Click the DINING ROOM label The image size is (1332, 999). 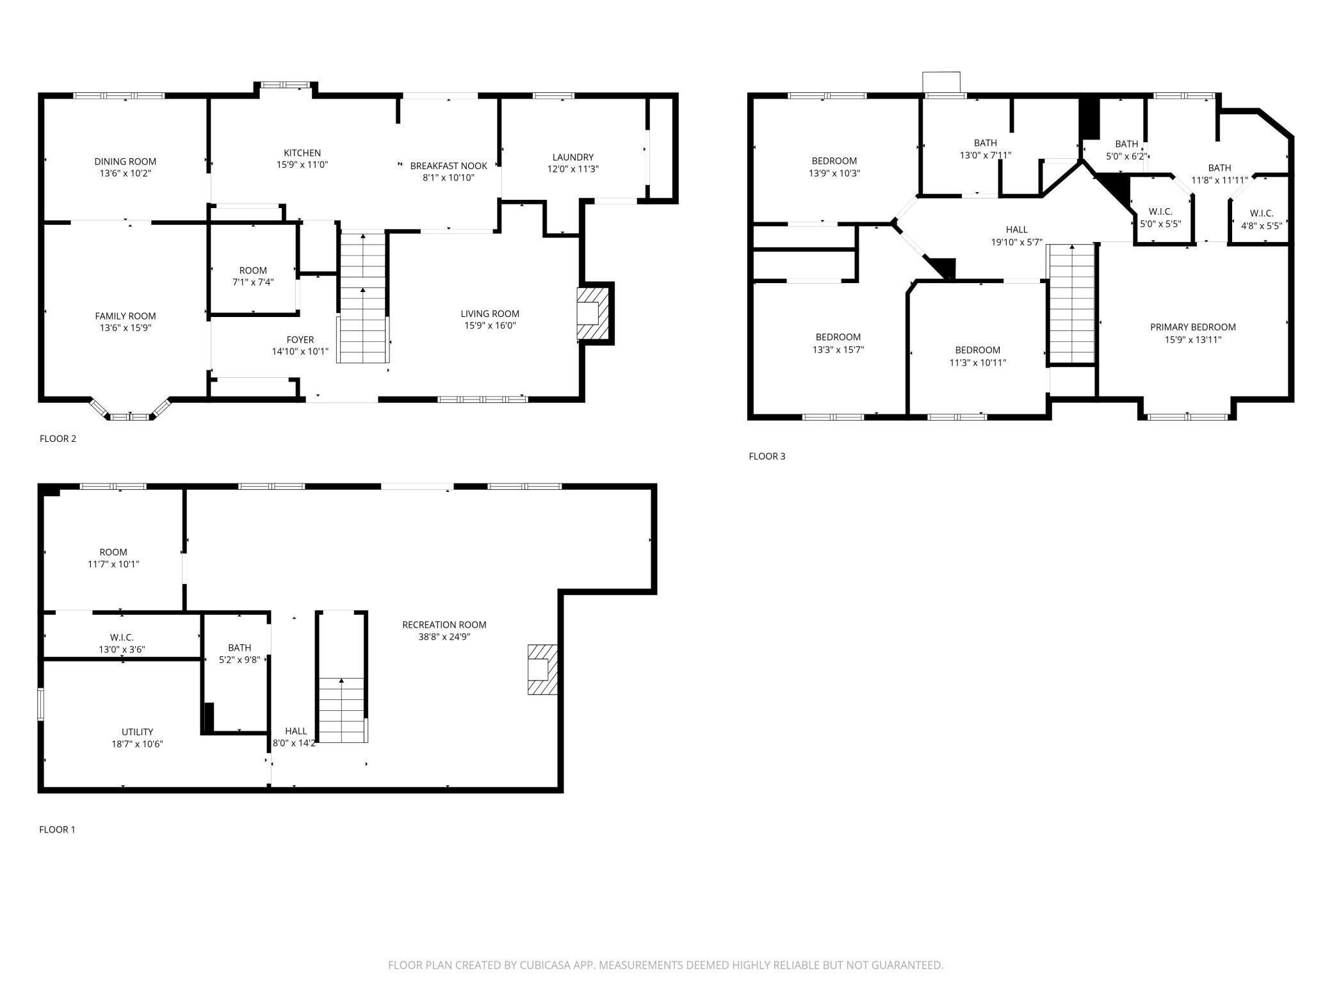tap(125, 161)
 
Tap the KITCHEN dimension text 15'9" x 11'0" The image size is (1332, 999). tap(302, 165)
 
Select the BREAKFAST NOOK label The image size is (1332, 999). tap(448, 166)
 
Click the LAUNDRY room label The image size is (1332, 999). tap(573, 157)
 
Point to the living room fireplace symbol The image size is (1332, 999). tap(592, 313)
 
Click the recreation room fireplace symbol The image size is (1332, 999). tap(541, 669)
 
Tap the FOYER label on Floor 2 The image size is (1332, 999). tap(300, 340)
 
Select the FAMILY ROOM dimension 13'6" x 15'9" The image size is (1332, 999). tap(125, 328)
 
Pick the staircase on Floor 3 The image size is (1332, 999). tap(1071, 304)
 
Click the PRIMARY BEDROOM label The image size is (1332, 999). tap(1192, 327)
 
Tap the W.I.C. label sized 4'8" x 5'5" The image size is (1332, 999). tap(1261, 213)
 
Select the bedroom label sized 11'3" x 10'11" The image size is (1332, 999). tap(977, 350)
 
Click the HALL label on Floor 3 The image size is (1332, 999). tap(1016, 229)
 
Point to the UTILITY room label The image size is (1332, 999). tap(137, 732)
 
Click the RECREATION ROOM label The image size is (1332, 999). tap(444, 624)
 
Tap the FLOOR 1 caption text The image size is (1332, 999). tap(57, 829)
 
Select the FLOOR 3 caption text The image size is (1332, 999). tap(767, 456)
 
